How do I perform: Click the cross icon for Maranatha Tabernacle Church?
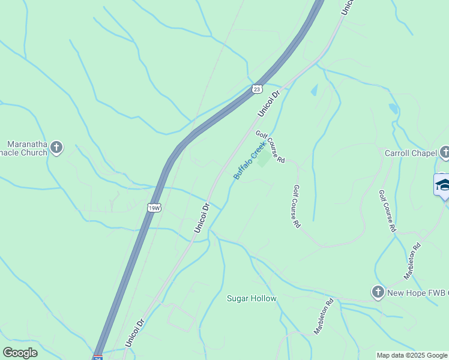(56, 148)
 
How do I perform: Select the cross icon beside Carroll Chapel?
(444, 152)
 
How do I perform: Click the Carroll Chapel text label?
(411, 152)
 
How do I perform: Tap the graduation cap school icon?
(443, 185)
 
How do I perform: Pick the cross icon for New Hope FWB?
(378, 292)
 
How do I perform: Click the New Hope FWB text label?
(417, 293)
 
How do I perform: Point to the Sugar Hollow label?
(252, 298)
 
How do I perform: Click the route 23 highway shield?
(257, 89)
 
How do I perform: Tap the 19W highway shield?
(154, 208)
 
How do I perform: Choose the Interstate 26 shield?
(98, 357)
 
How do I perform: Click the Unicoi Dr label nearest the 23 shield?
(269, 104)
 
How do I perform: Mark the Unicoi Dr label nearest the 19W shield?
(201, 218)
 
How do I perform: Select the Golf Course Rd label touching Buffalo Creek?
(270, 146)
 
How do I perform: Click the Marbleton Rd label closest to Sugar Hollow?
(323, 316)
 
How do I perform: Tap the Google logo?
(20, 353)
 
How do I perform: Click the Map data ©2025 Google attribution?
(412, 355)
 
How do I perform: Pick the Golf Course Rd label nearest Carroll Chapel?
(388, 211)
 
